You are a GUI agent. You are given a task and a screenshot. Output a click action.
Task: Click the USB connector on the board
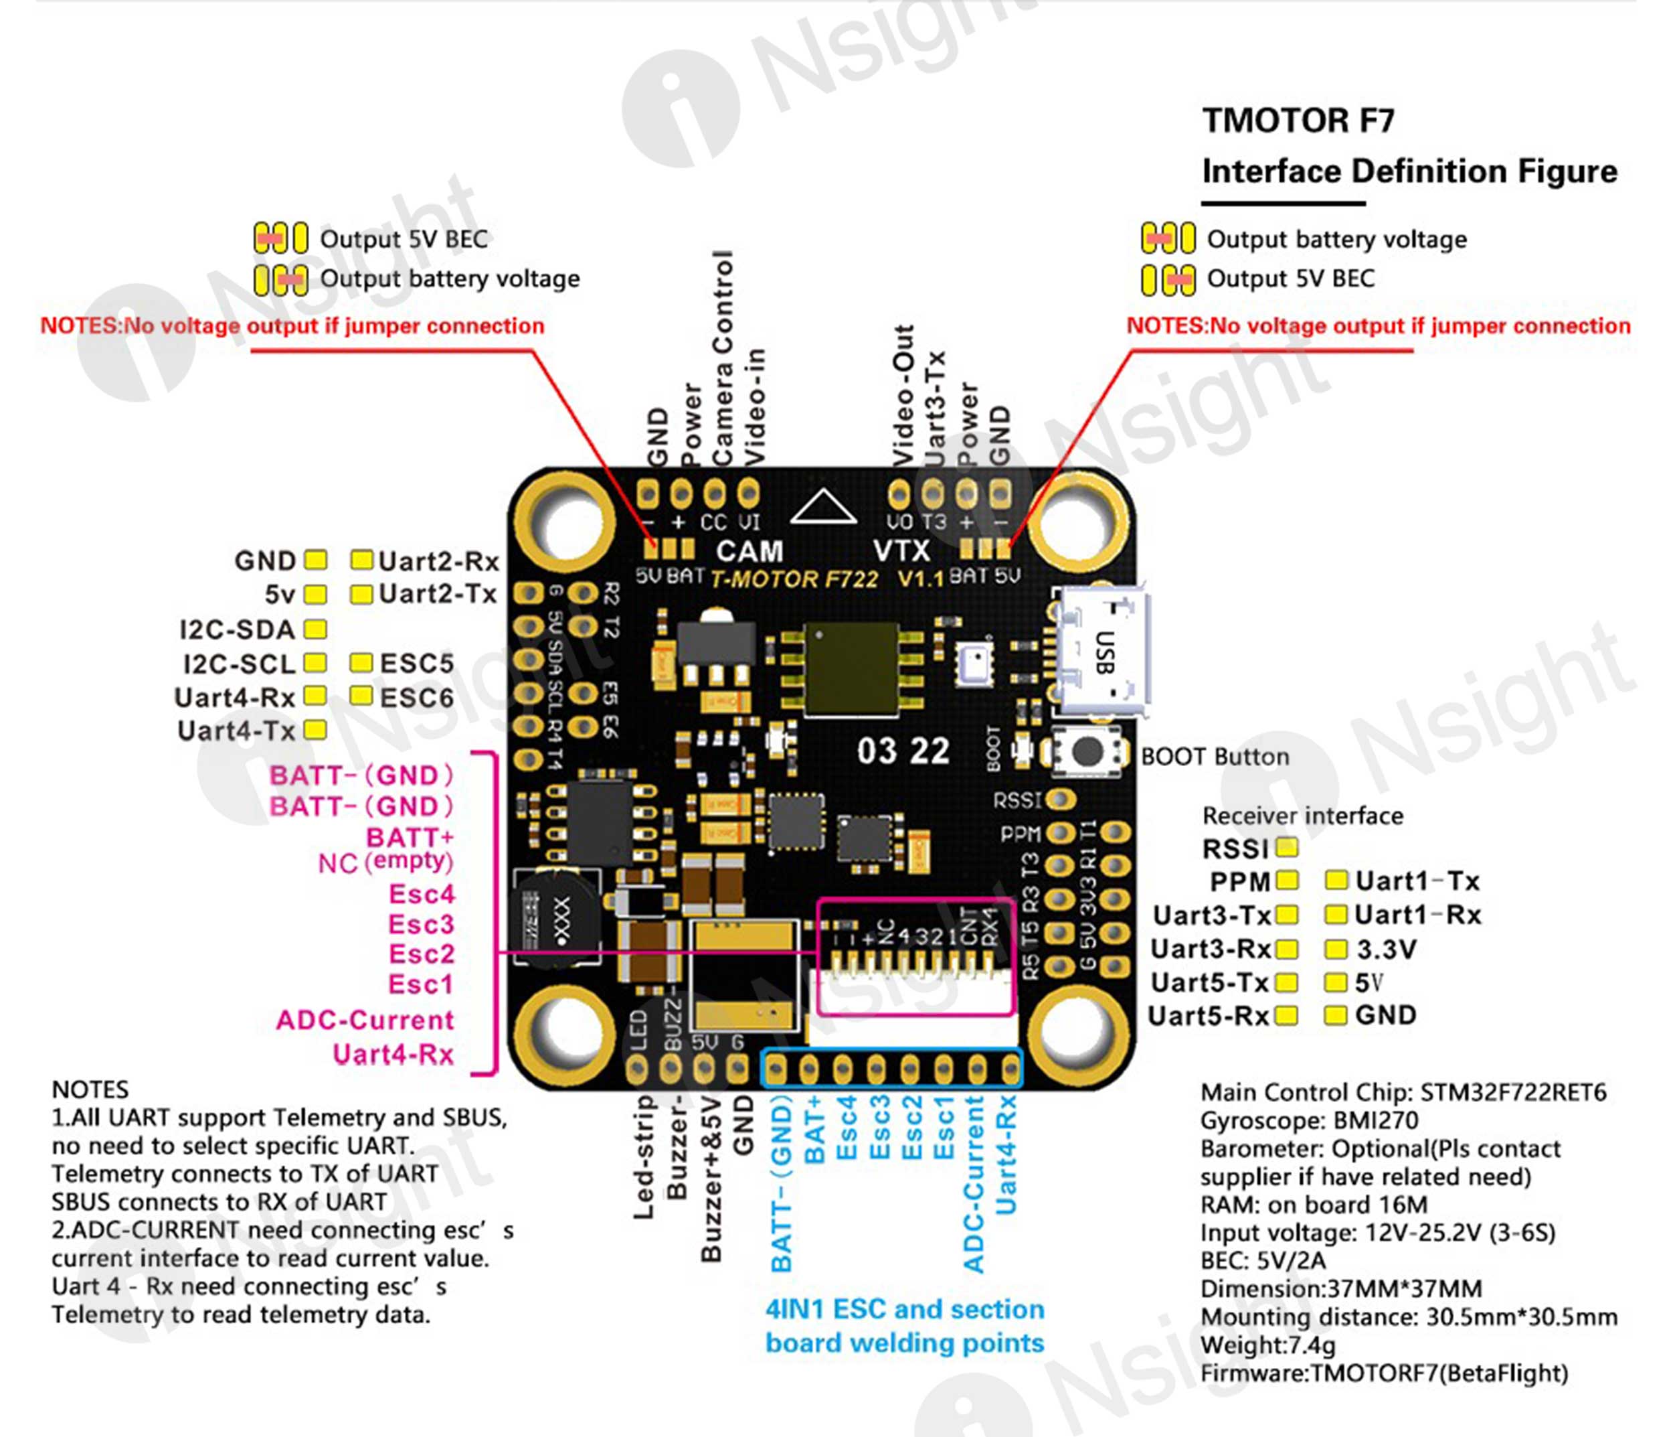[1102, 653]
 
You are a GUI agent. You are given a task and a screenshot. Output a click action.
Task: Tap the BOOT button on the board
[1087, 752]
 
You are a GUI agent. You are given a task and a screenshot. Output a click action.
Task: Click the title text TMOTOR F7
[1298, 121]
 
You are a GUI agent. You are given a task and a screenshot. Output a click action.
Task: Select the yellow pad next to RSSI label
[1287, 847]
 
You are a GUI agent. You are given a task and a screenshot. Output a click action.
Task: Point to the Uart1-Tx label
[1417, 881]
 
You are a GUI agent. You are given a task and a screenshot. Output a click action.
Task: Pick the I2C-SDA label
[237, 629]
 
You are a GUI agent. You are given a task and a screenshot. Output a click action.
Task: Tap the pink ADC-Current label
[365, 1020]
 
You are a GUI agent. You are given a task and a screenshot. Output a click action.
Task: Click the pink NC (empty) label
[385, 862]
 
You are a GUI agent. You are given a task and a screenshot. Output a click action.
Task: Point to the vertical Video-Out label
[903, 396]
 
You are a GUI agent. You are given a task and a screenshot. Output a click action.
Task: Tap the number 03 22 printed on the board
[903, 751]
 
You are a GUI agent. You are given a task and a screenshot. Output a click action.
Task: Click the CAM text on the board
[750, 551]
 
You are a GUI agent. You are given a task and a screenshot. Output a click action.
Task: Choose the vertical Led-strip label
[644, 1156]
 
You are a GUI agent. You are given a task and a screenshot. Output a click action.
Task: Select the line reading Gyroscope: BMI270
[1309, 1120]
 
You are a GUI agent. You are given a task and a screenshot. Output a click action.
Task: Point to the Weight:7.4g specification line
[1267, 1345]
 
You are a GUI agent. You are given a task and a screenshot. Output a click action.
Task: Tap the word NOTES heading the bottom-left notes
[90, 1089]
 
